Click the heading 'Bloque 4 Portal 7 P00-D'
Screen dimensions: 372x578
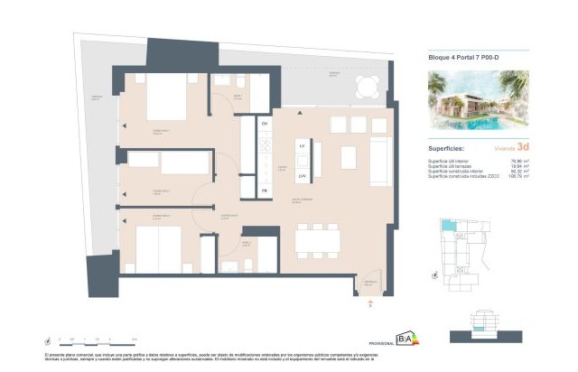[461, 57]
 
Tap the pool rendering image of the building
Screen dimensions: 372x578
[478, 99]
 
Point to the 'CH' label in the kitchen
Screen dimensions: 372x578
[265, 122]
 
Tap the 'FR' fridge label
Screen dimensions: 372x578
[265, 191]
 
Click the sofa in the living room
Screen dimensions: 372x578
[379, 158]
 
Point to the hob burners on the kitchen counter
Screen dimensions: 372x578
[265, 144]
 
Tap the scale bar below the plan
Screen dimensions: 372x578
[90, 341]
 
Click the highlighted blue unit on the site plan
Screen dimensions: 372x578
[447, 225]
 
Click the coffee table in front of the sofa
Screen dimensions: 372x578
[348, 157]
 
